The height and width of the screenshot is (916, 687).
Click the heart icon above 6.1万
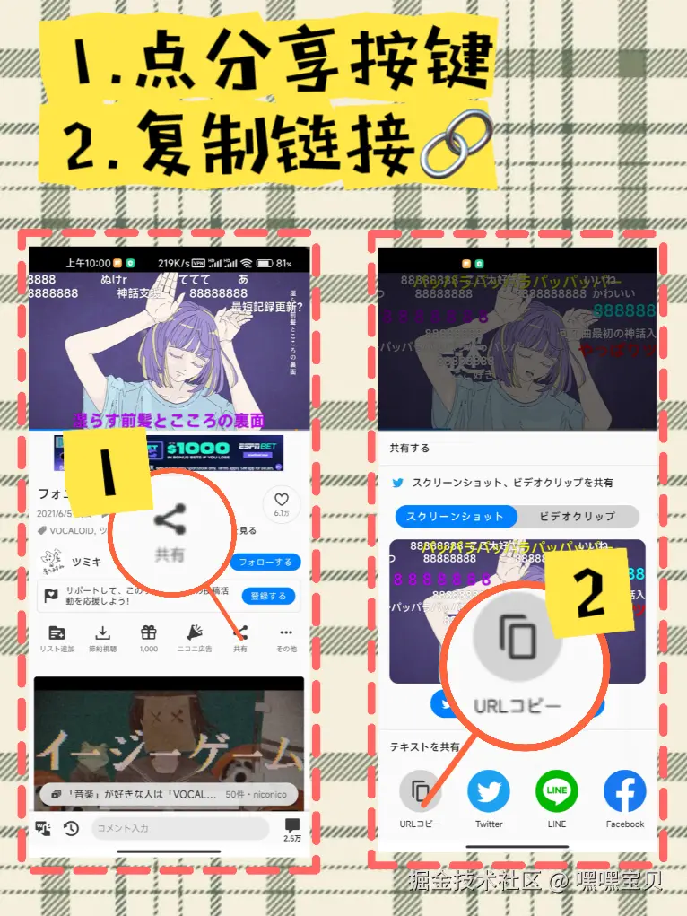[282, 501]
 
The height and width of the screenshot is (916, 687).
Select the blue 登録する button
[268, 596]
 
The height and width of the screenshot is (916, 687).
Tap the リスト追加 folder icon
[57, 632]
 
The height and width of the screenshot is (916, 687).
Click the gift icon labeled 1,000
[148, 632]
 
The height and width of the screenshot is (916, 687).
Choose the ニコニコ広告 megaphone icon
[195, 632]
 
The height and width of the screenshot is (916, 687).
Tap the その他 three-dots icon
[286, 632]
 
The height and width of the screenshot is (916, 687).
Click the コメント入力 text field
[179, 828]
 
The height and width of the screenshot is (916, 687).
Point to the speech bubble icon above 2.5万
[292, 825]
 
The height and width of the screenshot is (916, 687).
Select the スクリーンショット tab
[456, 517]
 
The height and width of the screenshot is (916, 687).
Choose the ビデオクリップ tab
[578, 517]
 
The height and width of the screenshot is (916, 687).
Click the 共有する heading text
[410, 448]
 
